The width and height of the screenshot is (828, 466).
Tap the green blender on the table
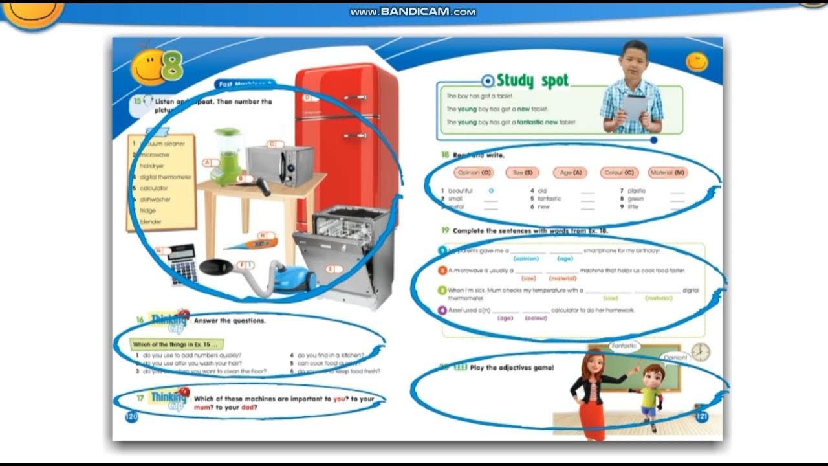coord(227,155)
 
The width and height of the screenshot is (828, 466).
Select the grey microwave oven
coord(279,164)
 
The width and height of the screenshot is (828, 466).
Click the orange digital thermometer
coord(252,244)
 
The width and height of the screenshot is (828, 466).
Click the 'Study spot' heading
coord(532,81)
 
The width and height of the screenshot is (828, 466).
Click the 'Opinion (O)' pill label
coord(474,173)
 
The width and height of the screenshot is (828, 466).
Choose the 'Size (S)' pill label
coord(523,173)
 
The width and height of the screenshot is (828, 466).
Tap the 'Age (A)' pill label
coord(570,173)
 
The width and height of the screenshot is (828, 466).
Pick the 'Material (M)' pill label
coord(668,173)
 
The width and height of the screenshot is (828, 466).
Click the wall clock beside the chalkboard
coord(700,352)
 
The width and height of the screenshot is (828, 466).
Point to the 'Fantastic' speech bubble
coord(624,346)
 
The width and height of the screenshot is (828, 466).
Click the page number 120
coord(131,417)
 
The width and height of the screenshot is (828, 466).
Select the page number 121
coord(701,416)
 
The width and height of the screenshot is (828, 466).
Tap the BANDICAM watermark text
coord(413,12)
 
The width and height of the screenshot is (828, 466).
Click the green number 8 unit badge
coord(172,66)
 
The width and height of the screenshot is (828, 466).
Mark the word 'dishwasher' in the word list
coord(155,199)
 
